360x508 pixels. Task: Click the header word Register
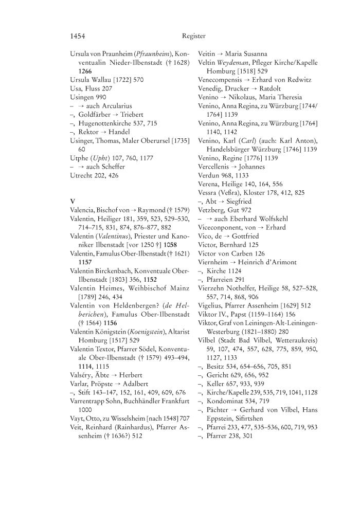click(x=193, y=36)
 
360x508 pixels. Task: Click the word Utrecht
click(x=82, y=175)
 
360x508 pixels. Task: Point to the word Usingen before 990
click(x=82, y=97)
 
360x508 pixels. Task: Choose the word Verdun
click(x=209, y=176)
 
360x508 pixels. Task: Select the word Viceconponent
click(x=224, y=228)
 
